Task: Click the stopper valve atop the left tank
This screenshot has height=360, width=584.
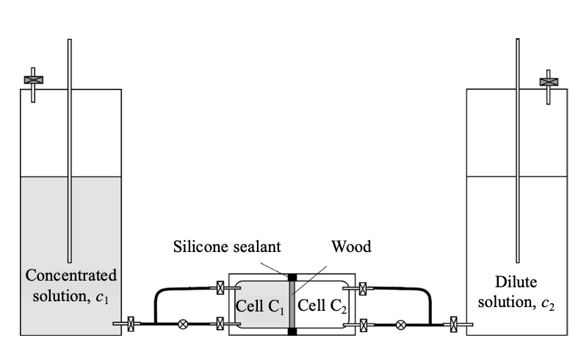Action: [x=33, y=79]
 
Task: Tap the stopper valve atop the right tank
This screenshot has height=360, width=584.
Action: [x=548, y=79]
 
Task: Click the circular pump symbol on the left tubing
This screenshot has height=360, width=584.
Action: [x=182, y=323]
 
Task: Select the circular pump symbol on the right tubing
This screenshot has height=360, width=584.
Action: [x=400, y=323]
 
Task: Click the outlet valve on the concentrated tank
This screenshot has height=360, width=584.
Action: [x=131, y=323]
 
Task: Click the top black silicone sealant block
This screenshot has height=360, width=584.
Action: [x=292, y=278]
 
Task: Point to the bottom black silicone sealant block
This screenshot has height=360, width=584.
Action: [x=292, y=332]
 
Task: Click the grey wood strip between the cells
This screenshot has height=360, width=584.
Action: [x=292, y=305]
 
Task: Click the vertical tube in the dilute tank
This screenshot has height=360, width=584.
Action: [x=518, y=147]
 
